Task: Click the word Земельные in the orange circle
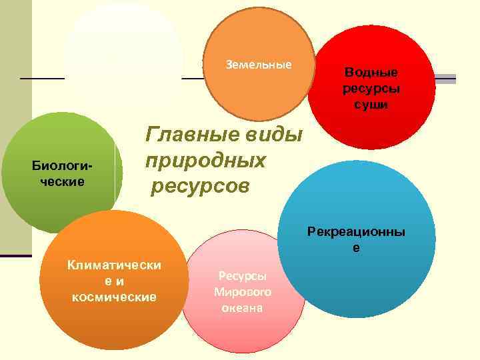point(259,65)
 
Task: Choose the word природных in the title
point(205,161)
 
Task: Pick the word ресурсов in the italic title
point(200,185)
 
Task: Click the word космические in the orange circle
point(114,297)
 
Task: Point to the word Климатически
point(114,265)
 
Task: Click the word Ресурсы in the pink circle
point(242,275)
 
